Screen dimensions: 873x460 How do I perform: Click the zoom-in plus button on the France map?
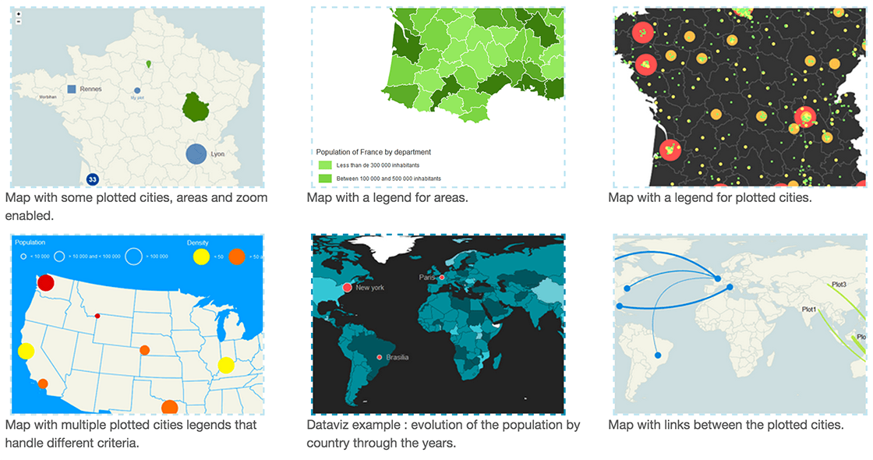[18, 14]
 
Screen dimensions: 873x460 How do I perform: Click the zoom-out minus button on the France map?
[18, 21]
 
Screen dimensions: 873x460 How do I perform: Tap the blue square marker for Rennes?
[72, 90]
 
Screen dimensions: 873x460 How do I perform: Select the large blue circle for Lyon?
[196, 154]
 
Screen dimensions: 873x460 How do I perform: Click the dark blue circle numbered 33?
[92, 179]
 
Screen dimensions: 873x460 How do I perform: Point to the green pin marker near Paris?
[149, 64]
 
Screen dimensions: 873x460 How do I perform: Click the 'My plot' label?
[137, 98]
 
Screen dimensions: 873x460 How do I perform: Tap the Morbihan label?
[47, 97]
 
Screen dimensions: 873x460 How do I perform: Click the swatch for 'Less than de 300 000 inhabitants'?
[325, 165]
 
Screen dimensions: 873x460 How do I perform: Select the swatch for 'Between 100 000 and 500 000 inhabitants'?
[325, 179]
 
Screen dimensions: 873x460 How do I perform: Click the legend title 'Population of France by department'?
[373, 152]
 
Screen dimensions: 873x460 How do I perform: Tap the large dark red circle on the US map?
[45, 282]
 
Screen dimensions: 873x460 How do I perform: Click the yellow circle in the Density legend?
[201, 256]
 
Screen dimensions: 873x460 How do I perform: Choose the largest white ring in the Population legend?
[133, 256]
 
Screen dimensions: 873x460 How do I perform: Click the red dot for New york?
[347, 288]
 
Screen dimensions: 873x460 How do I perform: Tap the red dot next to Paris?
[441, 278]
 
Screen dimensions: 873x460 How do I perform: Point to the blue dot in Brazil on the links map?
[657, 356]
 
